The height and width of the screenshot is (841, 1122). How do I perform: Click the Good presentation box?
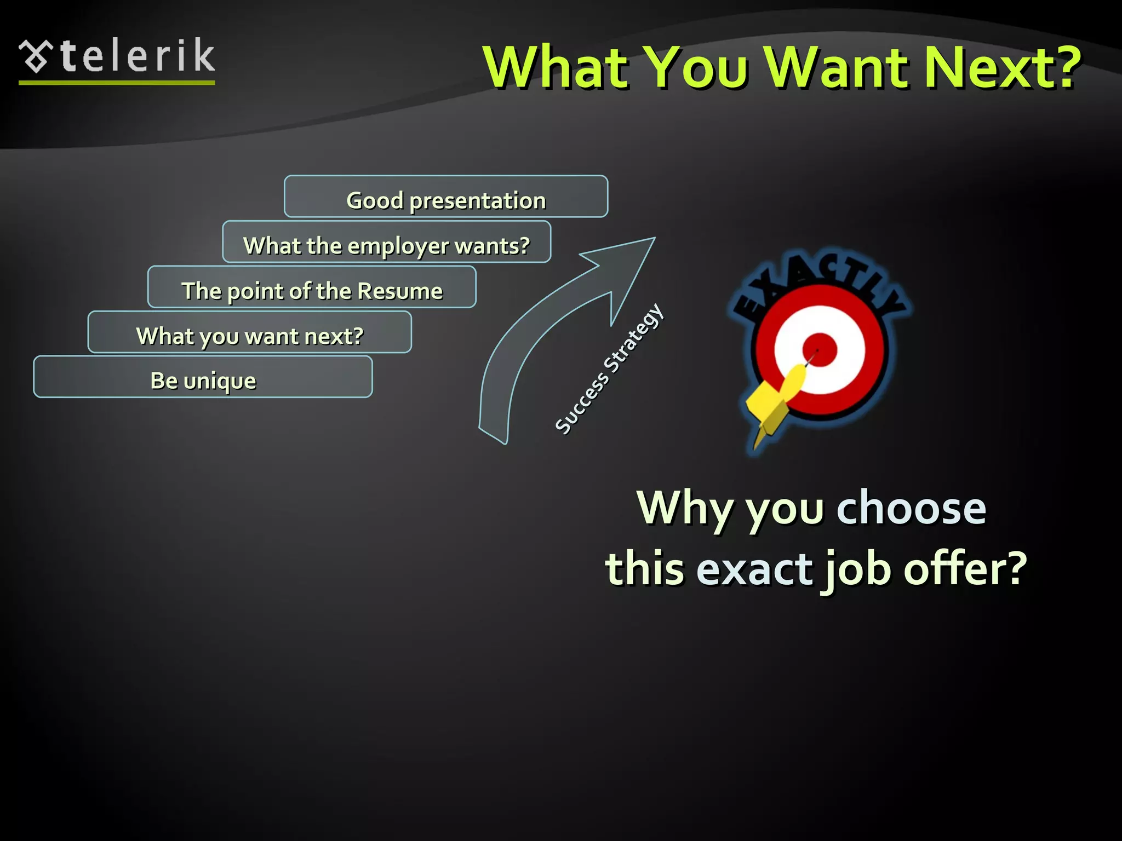[x=446, y=197]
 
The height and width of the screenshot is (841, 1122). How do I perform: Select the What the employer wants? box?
[x=386, y=243]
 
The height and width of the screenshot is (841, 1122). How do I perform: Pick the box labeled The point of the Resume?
[x=312, y=287]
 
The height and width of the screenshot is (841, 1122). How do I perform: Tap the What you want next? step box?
[x=249, y=332]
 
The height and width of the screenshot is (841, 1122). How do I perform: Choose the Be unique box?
[x=203, y=377]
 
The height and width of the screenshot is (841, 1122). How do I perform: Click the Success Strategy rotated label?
[x=609, y=370]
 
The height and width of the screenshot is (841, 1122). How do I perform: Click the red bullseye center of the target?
[x=820, y=350]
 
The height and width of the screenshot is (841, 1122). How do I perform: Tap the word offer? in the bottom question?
[x=965, y=568]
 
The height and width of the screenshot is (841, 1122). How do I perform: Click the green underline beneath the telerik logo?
[x=117, y=83]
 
